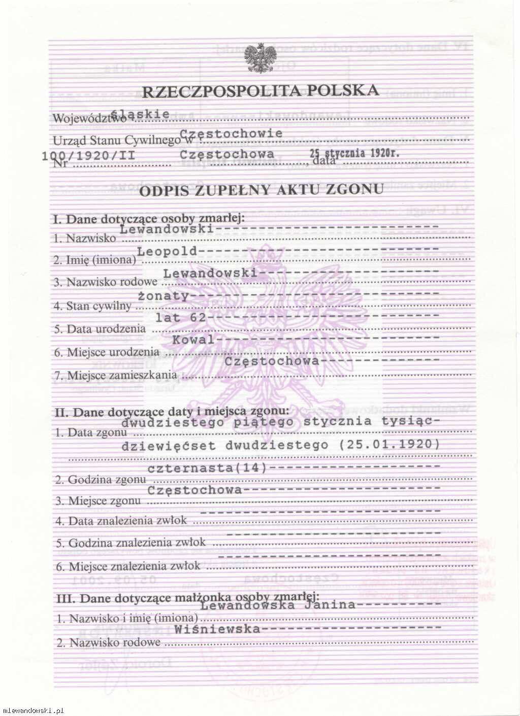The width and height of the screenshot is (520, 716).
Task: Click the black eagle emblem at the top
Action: coord(260,58)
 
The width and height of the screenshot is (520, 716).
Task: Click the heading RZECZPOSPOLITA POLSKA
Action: coord(260,91)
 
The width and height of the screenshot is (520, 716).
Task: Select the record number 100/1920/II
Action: coord(89,155)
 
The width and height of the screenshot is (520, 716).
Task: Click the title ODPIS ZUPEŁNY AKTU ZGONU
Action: coord(261,190)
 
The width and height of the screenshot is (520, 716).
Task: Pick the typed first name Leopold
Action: coord(167,251)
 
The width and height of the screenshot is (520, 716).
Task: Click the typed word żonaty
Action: coord(164,295)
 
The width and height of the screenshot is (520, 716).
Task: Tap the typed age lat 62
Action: coord(181,318)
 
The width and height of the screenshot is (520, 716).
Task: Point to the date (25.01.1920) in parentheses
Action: coord(389,444)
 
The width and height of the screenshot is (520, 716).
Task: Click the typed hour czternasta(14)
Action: coord(207,468)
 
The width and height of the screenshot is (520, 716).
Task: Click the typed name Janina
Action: coord(330,605)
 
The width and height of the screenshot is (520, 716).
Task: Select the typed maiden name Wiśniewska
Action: coord(217,629)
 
